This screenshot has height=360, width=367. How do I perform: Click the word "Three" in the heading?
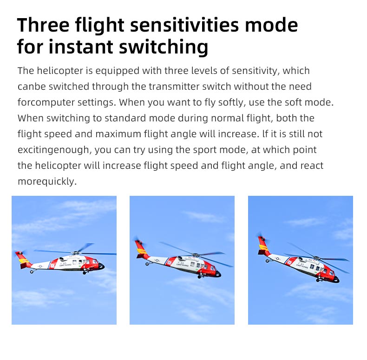43,25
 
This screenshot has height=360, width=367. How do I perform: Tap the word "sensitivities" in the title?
184,25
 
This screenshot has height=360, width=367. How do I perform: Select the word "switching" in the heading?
164,47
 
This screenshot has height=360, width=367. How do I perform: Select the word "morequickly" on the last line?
47,182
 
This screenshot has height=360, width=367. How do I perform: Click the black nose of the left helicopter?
101,266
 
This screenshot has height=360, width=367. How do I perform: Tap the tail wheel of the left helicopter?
32,272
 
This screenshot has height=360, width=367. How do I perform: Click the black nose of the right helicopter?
336,280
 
